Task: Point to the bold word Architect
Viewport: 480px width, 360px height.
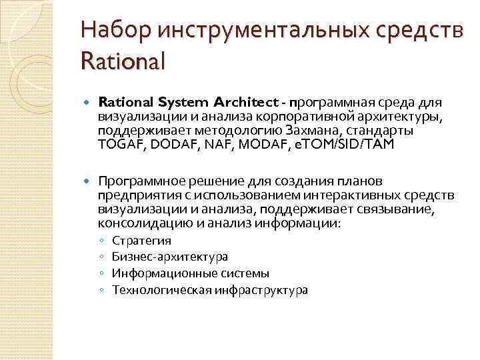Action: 246,102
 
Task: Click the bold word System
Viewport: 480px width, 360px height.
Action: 185,102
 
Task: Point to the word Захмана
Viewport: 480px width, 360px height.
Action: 308,130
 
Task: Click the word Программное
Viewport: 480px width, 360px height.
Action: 136,181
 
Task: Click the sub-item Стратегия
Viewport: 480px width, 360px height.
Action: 141,240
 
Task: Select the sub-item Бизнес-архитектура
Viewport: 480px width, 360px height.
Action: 170,257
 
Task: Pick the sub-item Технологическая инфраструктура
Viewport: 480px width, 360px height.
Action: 210,290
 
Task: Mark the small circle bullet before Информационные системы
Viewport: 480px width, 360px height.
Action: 100,273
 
